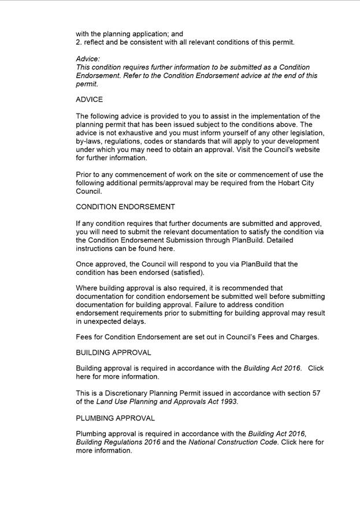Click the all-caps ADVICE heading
[89, 100]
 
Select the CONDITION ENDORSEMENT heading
[125, 207]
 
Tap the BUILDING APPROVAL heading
[113, 353]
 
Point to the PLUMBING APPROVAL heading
[115, 418]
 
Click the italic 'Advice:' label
[88, 59]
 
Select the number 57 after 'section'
[316, 393]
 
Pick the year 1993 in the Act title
[227, 402]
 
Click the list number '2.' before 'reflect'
[79, 42]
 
